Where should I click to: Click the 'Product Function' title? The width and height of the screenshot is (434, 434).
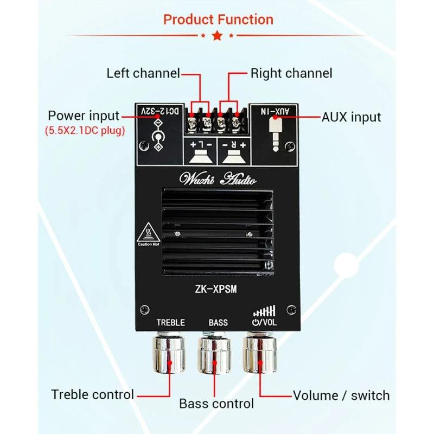tap(218, 20)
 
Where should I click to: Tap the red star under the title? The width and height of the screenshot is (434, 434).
tap(218, 36)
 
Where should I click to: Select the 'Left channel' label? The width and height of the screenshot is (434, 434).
tap(143, 73)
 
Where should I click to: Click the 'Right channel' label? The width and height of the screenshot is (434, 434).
tap(291, 73)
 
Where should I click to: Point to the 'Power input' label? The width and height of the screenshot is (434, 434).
tap(84, 116)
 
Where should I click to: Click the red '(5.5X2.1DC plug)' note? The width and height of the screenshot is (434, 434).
tap(84, 131)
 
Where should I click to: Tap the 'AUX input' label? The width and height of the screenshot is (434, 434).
tap(351, 117)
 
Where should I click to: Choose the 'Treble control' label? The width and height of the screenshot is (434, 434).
tap(92, 394)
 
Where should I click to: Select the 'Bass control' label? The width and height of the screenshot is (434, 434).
tap(216, 404)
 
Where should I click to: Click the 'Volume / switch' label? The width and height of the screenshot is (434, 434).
tap(341, 395)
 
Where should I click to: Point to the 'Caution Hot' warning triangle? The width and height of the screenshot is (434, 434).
tap(148, 234)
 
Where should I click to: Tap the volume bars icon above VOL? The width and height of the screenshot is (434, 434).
tap(264, 311)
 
